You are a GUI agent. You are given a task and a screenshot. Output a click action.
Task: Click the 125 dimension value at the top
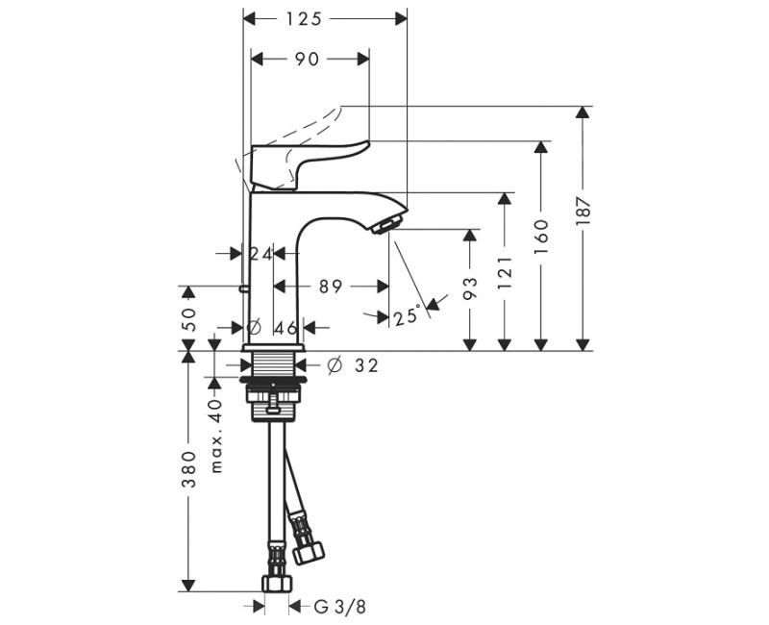point(306,18)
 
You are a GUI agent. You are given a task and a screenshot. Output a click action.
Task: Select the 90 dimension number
point(307,59)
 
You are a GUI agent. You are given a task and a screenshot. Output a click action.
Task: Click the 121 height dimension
point(505,273)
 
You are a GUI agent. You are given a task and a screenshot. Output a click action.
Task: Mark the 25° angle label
point(407,314)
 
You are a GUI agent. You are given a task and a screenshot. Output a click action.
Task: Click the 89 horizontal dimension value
point(330,286)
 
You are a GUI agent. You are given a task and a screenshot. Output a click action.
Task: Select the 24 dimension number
point(260,254)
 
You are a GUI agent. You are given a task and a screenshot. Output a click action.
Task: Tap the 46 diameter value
point(285,327)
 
